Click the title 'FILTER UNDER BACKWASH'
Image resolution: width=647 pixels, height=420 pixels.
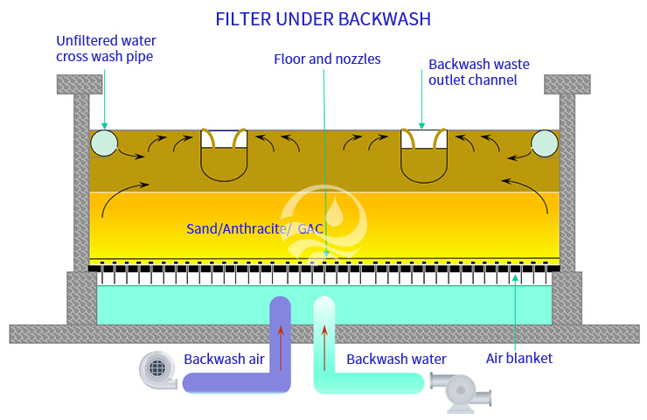tap(323, 18)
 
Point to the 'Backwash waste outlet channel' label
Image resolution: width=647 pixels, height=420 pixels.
tap(473, 72)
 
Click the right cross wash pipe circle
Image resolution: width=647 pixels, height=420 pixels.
tap(544, 144)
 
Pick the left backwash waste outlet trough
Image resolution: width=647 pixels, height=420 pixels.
tap(224, 156)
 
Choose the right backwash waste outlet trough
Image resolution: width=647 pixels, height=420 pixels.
tap(424, 156)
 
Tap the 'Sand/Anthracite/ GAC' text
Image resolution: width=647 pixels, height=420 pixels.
tap(254, 229)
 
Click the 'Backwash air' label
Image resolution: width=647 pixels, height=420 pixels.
tap(224, 359)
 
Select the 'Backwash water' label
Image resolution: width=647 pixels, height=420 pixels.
tap(396, 359)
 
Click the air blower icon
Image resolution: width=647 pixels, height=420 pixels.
tap(158, 371)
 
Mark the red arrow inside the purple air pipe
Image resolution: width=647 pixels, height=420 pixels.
tap(281, 346)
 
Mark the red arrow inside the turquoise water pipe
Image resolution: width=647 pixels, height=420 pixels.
tap(324, 346)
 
